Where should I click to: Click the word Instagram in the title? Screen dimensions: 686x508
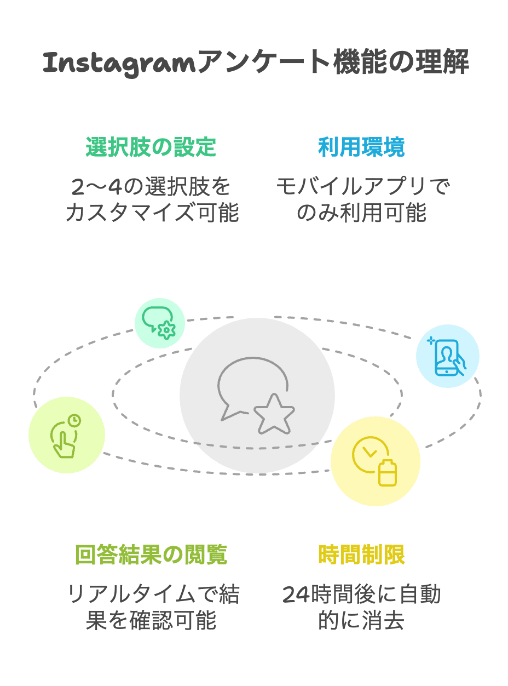click(x=118, y=64)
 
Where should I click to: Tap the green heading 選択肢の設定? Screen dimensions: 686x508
click(x=151, y=147)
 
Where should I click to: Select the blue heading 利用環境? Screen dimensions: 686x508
click(x=361, y=147)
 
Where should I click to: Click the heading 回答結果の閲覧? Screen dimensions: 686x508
click(x=151, y=555)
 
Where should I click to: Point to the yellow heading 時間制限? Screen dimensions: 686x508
click(x=361, y=555)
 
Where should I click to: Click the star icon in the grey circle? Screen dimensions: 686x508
click(x=274, y=414)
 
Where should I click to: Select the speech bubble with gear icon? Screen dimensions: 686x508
click(x=159, y=323)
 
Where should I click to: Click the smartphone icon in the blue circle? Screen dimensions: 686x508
click(x=448, y=357)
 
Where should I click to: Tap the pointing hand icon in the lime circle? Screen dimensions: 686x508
click(x=66, y=435)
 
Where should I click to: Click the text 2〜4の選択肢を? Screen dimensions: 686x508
click(x=152, y=187)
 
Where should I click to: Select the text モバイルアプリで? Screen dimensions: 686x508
click(x=362, y=187)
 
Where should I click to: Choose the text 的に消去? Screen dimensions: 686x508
click(x=362, y=620)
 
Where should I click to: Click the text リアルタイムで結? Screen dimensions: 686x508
click(x=152, y=595)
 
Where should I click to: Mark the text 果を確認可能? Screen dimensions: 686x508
click(x=152, y=620)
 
